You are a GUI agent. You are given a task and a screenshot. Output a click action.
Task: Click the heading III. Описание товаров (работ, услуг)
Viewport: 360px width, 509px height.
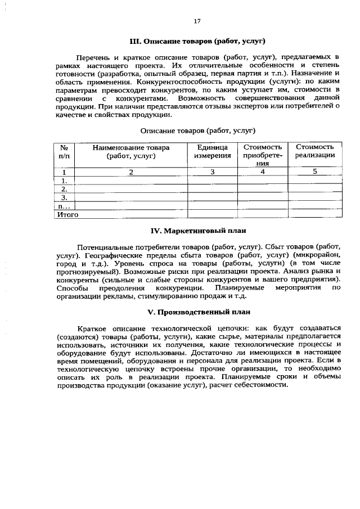pos(197,42)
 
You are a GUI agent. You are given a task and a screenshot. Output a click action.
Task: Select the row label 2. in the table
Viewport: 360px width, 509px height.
pos(64,189)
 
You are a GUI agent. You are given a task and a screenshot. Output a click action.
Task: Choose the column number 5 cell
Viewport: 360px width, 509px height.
pos(315,172)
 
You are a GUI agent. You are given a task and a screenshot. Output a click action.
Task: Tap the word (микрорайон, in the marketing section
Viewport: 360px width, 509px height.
pos(313,255)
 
